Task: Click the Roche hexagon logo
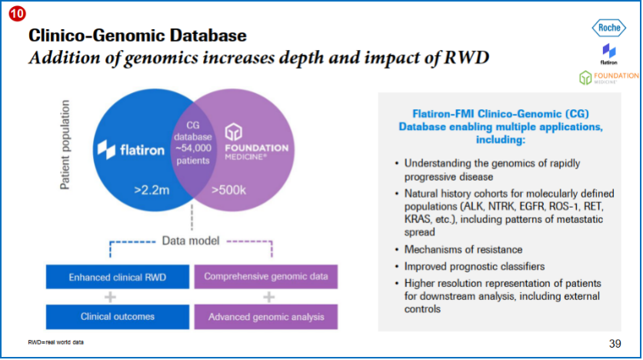click(x=609, y=28)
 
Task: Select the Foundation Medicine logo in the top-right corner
click(x=609, y=78)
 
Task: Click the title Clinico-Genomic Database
click(x=138, y=35)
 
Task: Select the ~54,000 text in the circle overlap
click(x=191, y=148)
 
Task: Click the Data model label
click(x=191, y=241)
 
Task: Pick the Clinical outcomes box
click(x=117, y=316)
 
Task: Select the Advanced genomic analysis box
click(x=265, y=316)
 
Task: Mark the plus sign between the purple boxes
click(x=268, y=297)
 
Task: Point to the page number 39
click(x=615, y=343)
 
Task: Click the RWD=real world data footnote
click(x=55, y=342)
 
